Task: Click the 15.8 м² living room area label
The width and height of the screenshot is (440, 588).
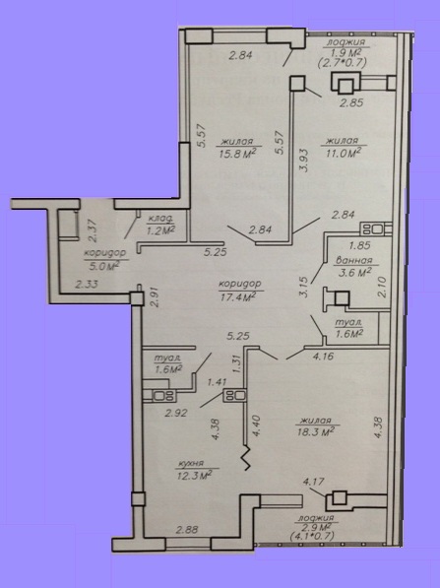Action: coord(236,148)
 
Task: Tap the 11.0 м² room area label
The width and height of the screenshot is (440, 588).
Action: coord(343,147)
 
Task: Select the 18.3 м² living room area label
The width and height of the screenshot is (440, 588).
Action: coord(315,426)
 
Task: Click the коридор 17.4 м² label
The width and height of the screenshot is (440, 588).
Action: coord(240,291)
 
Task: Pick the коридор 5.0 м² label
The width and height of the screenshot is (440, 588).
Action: coord(104,259)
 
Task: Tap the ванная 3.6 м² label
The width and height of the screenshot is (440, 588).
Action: coord(353,267)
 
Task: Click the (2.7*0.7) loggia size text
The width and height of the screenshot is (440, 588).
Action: coord(342,62)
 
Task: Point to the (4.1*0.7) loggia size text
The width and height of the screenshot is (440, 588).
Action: coord(312,536)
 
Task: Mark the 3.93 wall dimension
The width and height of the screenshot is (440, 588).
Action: coord(304,161)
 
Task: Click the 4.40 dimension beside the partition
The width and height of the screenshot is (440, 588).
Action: coord(257,425)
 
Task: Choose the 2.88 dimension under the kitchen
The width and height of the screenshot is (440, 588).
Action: coord(187,530)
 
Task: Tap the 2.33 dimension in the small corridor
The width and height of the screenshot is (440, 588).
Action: coord(87,285)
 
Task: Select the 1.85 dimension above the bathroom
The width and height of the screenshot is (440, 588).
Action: coord(359,245)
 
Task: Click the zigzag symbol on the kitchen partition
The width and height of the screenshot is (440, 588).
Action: coord(246,458)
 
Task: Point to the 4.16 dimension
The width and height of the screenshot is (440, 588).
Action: coord(323,356)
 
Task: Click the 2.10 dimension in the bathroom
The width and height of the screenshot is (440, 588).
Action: coord(382,287)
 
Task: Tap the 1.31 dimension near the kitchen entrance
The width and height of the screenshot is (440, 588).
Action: coord(236,363)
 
